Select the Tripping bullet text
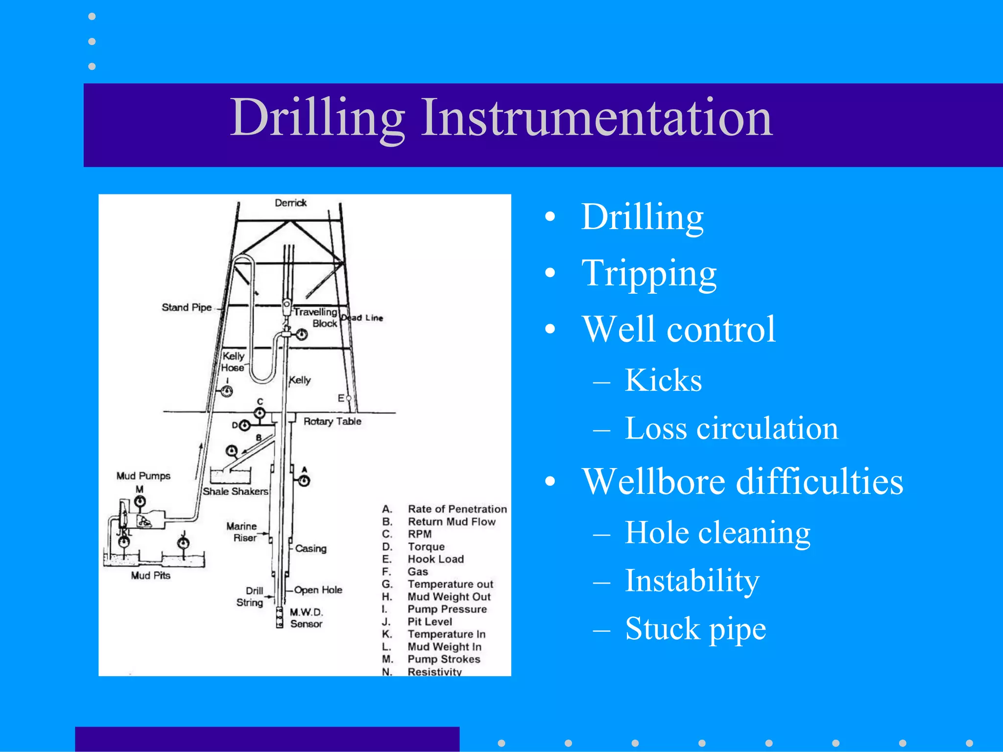click(x=649, y=273)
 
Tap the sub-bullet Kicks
click(x=663, y=380)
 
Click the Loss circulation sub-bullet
click(x=731, y=428)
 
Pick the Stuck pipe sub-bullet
click(x=695, y=628)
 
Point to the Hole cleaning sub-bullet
click(x=717, y=532)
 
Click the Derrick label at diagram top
click(x=290, y=203)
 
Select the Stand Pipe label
click(x=187, y=307)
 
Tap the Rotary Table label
click(x=332, y=422)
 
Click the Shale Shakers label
click(x=236, y=491)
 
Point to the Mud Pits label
click(x=150, y=576)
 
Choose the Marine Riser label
click(x=242, y=532)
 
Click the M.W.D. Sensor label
click(x=306, y=618)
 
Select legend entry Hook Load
click(x=435, y=559)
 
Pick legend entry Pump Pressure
click(x=447, y=609)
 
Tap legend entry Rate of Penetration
click(x=457, y=509)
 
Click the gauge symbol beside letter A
click(x=304, y=481)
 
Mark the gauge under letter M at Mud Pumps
click(x=140, y=501)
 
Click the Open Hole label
click(x=318, y=590)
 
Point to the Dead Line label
click(x=362, y=318)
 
